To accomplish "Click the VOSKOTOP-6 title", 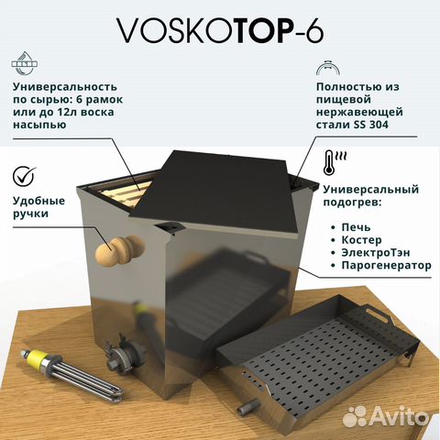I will [220, 31].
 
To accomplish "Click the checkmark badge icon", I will [25, 175].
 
